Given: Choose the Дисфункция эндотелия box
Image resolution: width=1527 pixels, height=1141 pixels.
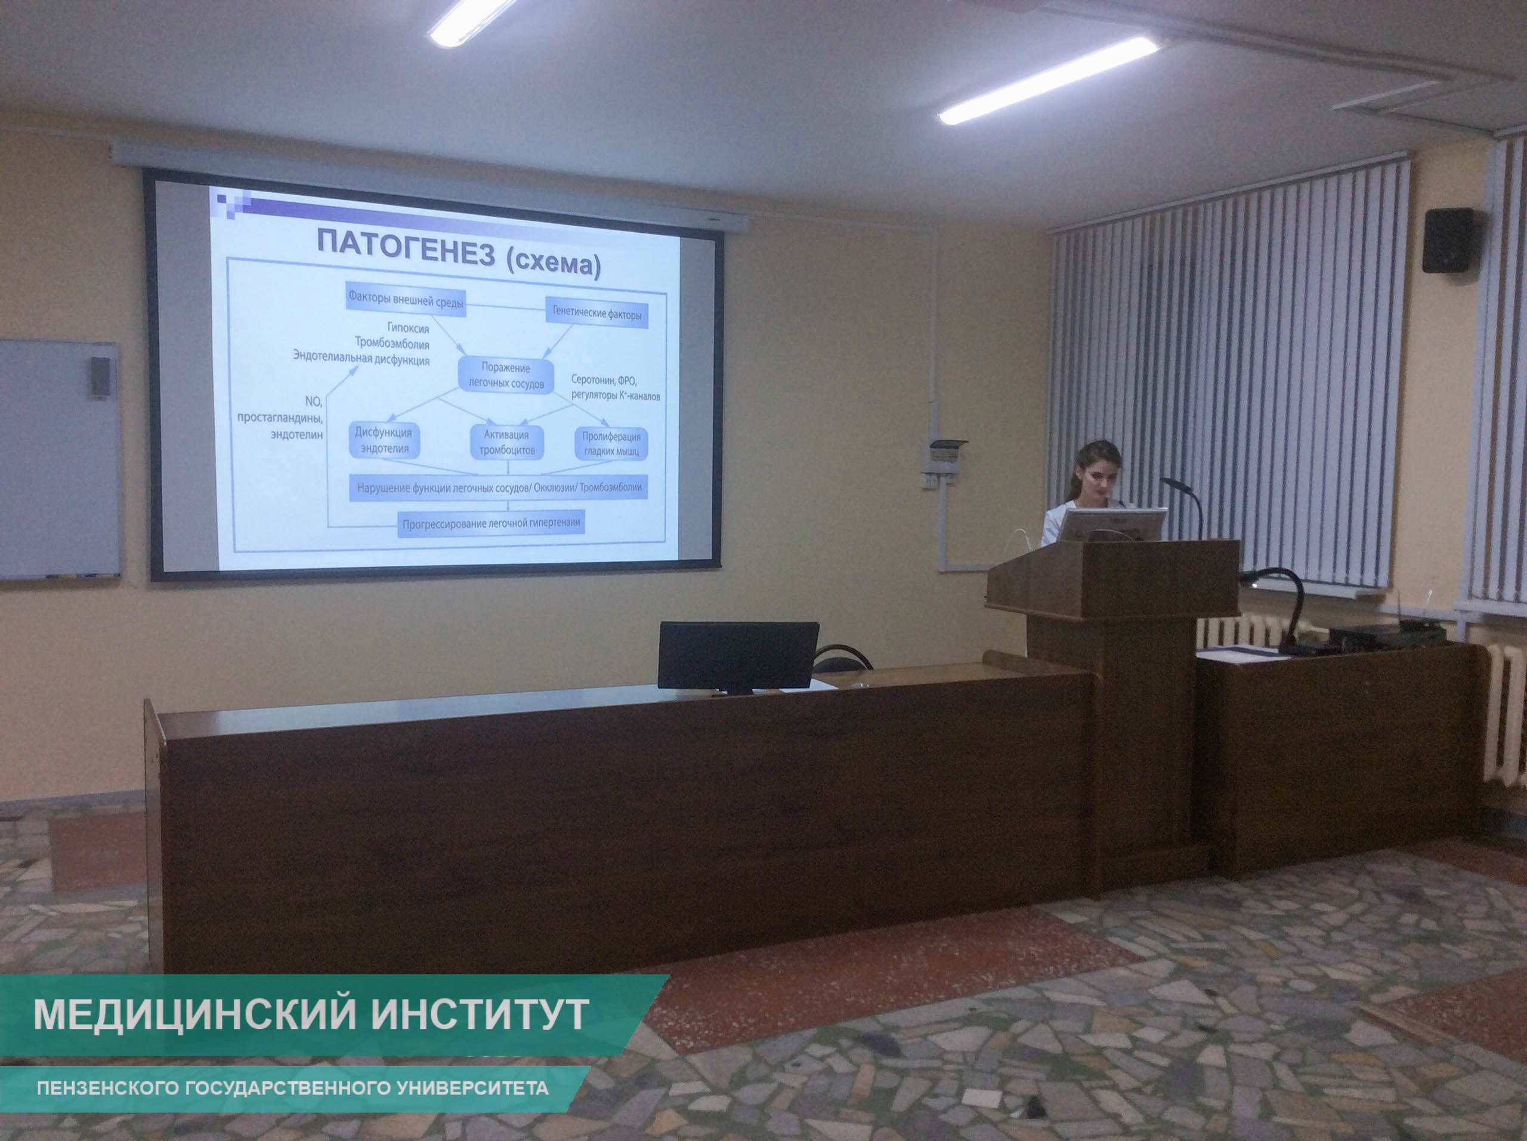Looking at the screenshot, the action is [x=384, y=440].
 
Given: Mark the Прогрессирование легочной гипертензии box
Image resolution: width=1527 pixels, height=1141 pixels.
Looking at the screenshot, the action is [x=492, y=523].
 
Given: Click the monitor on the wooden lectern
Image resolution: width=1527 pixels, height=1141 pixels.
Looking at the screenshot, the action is [x=1112, y=526].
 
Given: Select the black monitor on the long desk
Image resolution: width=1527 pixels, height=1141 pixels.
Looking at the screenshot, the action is [x=738, y=657].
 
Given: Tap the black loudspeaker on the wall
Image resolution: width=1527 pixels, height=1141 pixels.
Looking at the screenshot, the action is [x=1448, y=240].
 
